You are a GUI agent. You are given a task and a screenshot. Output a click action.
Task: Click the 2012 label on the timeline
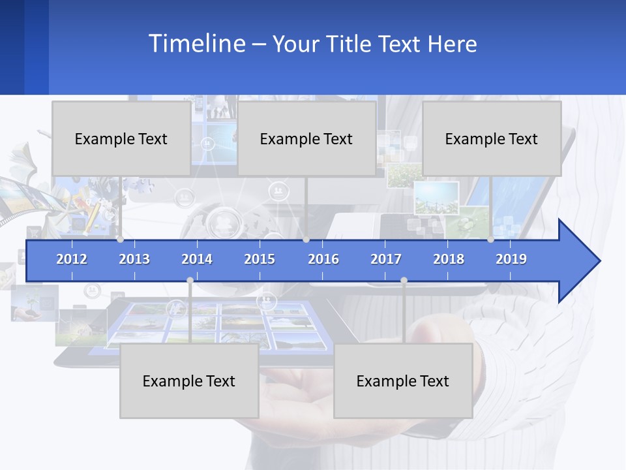[72, 259]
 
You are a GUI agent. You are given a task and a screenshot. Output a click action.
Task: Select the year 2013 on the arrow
[134, 259]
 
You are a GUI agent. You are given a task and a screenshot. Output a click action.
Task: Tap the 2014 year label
[197, 259]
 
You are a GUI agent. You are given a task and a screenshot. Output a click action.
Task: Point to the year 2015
[260, 259]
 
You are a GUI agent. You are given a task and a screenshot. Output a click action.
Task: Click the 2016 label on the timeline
[323, 259]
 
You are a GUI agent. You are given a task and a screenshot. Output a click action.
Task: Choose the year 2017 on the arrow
[386, 259]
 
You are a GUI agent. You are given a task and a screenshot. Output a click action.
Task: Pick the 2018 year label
[449, 259]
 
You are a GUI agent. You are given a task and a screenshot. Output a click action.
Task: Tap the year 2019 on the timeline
[511, 259]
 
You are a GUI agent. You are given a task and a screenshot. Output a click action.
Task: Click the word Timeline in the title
[196, 44]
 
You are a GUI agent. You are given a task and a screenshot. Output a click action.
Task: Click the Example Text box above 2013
[121, 138]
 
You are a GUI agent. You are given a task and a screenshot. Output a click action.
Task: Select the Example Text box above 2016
[306, 138]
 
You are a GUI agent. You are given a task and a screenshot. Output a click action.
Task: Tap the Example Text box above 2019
[492, 138]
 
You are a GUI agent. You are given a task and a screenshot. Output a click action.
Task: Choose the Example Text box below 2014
[189, 381]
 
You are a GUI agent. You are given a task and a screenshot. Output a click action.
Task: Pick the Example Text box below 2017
[403, 381]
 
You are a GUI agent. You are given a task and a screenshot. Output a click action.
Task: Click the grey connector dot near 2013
[120, 240]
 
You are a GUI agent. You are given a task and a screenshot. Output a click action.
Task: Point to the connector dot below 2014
[190, 280]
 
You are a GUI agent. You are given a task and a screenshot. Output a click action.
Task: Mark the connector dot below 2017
[404, 280]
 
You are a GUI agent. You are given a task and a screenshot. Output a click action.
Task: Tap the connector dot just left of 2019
[490, 240]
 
